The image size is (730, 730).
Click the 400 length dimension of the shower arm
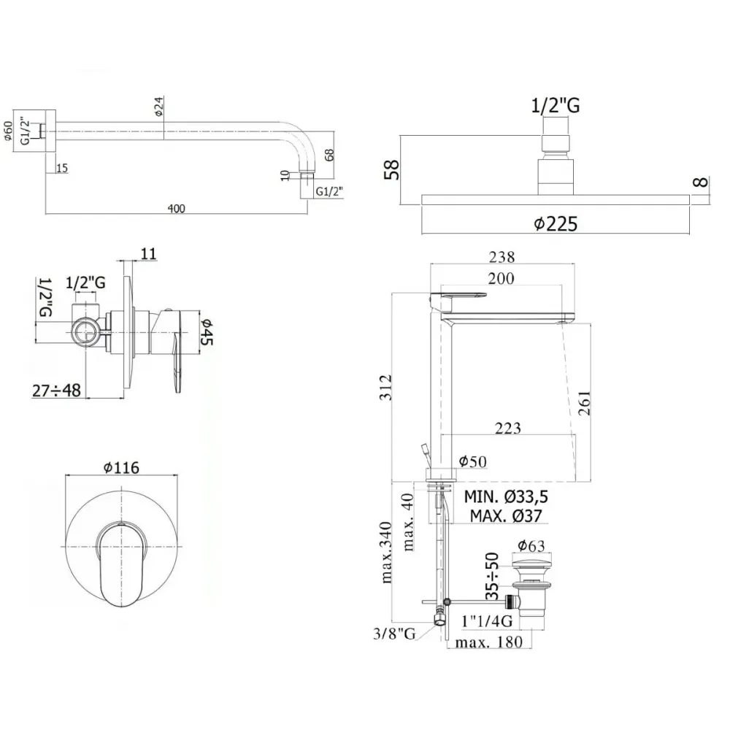tap(177, 208)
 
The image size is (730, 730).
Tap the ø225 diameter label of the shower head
tap(556, 224)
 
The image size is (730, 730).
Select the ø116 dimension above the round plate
tap(121, 467)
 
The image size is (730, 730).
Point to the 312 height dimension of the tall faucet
tap(386, 387)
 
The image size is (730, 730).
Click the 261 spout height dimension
tap(583, 403)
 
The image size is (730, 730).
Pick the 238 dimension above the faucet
tap(502, 257)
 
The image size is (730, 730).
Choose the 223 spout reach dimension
tap(507, 428)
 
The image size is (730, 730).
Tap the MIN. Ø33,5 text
tap(506, 496)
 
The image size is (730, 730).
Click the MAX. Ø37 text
tap(506, 516)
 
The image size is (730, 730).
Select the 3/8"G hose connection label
tap(394, 634)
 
